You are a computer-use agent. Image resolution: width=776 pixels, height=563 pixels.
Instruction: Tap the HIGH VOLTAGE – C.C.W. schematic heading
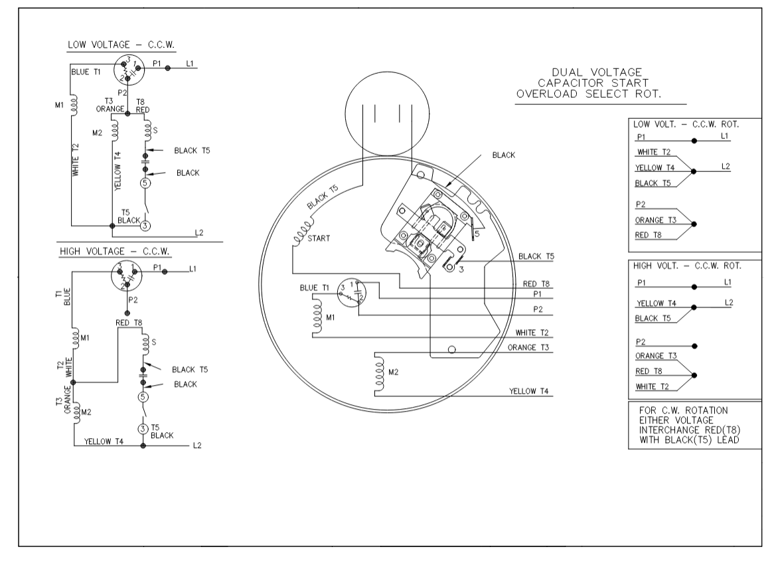tap(115, 252)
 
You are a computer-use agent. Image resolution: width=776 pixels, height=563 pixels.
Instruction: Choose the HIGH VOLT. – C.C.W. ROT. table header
tap(687, 266)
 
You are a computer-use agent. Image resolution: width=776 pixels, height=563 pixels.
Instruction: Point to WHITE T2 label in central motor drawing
tap(534, 333)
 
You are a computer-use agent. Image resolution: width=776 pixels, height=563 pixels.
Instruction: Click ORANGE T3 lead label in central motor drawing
tap(530, 347)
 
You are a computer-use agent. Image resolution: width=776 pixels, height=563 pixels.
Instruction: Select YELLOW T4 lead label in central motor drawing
tap(529, 392)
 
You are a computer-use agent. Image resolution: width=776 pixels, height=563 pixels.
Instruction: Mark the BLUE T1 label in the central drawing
tap(314, 287)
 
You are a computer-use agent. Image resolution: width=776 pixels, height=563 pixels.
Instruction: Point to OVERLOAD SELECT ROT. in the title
tap(592, 94)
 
